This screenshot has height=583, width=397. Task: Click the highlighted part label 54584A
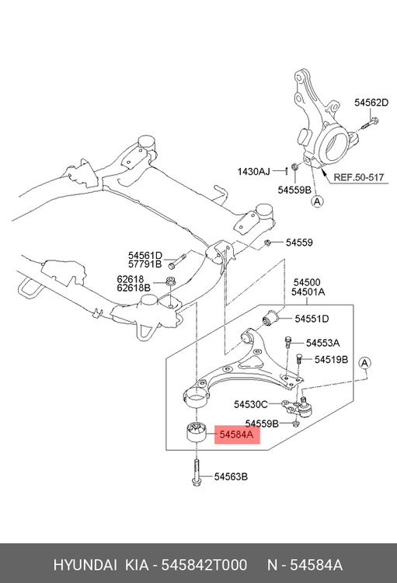236,435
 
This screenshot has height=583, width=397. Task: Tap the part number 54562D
371,103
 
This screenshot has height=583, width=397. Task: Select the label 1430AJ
254,172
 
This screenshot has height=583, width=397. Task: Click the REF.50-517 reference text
358,177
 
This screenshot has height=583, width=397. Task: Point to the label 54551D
312,319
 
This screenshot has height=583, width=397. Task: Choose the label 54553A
322,343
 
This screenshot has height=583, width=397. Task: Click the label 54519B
331,360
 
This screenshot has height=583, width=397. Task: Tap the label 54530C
250,403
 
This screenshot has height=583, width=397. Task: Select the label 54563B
231,477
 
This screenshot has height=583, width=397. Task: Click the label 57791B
145,264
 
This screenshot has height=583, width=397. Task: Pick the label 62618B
134,288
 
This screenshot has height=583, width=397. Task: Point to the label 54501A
308,291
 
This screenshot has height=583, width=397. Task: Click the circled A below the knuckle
317,201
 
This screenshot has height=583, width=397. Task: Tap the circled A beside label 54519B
364,363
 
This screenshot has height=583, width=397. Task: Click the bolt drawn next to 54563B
197,472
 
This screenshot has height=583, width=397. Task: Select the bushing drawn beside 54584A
196,431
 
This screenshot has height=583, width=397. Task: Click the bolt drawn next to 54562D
369,124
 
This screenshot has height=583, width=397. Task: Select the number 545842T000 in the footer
204,565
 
